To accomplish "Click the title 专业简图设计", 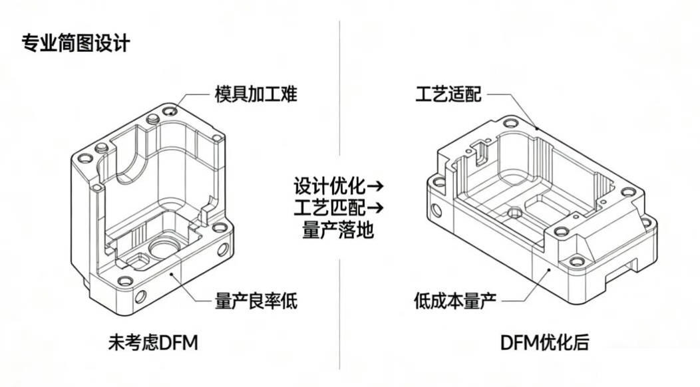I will coord(76,43).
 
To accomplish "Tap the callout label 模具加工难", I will coord(256,94).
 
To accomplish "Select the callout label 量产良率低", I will coord(256,301).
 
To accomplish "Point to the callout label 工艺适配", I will coord(446,94).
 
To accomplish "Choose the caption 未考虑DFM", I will coord(153,343).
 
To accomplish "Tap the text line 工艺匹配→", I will coord(339,207).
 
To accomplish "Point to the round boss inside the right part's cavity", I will coord(514,213).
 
